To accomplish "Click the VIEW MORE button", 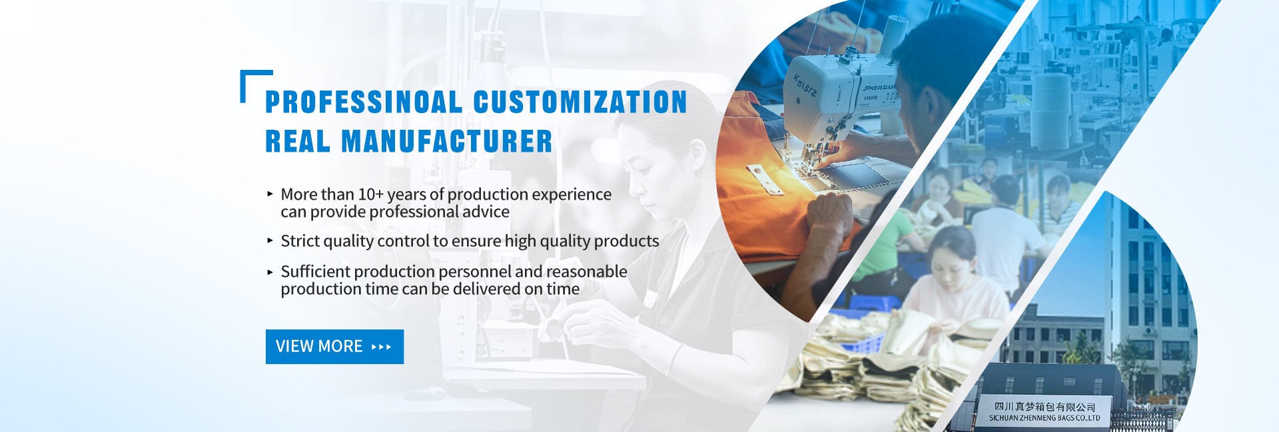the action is click(x=334, y=347).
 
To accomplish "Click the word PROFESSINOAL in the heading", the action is click(x=364, y=102).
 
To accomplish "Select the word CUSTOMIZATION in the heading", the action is click(x=580, y=102).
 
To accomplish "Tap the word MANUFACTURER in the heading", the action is click(x=447, y=141).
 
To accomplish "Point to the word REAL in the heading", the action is click(x=298, y=141).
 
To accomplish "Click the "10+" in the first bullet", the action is click(x=370, y=194).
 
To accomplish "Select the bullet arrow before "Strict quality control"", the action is click(x=270, y=240).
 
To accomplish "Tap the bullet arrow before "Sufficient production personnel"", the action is click(x=270, y=272).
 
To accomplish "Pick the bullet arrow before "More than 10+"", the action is click(x=270, y=194).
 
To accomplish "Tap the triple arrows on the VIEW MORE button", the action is click(x=381, y=347).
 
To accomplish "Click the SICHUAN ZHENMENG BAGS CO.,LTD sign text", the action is click(x=1045, y=418).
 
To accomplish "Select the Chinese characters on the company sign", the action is click(x=1045, y=406).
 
